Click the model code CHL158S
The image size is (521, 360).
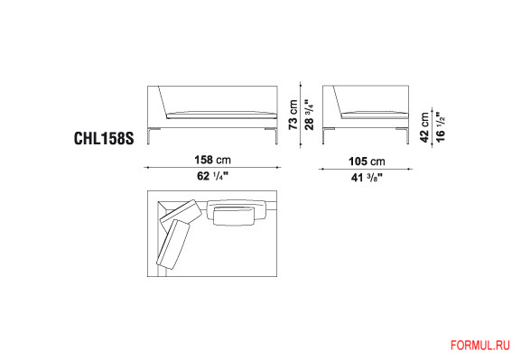coord(104,138)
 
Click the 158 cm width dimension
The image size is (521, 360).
coord(213,160)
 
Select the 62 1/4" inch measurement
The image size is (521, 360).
coord(213,176)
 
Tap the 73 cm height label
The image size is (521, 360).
coord(293,115)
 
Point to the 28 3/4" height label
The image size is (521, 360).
coord(309,115)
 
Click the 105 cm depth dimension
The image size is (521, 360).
coord(367,162)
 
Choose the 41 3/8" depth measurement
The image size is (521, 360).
coord(367,178)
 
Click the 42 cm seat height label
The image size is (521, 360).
coord(424,127)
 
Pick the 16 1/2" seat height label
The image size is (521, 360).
coord(441,127)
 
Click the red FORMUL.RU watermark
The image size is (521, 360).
coord(480,346)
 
